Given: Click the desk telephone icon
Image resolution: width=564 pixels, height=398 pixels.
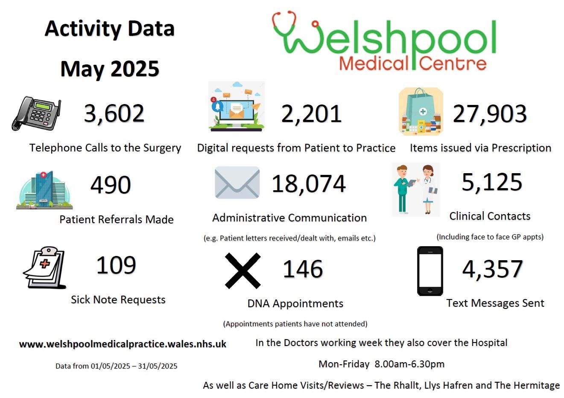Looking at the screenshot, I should click(x=36, y=113).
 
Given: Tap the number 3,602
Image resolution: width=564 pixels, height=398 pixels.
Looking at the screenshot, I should click(x=114, y=113).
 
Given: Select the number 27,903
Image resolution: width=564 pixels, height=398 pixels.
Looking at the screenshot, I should click(x=489, y=114).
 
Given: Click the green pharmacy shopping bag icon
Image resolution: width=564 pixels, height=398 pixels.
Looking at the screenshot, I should click(x=421, y=112).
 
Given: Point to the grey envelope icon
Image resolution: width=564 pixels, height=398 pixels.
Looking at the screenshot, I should click(x=237, y=183).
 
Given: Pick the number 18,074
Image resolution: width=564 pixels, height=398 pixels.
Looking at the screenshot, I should click(x=309, y=184).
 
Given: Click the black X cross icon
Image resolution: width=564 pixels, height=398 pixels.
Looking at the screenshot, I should click(x=243, y=270).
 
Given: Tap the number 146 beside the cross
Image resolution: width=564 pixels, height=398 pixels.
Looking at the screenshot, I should click(x=303, y=269).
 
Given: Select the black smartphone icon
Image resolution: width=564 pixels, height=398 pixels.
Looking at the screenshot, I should click(x=430, y=271).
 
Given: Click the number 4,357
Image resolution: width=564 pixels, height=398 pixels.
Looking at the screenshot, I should click(x=492, y=269).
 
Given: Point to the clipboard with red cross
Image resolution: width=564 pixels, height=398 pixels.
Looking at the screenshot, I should click(x=44, y=267).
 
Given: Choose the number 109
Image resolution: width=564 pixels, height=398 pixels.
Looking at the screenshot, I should click(x=116, y=265).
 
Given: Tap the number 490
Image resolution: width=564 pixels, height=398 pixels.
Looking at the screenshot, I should click(x=111, y=185).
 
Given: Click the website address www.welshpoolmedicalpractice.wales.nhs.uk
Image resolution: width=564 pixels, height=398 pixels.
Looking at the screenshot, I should click(x=123, y=344).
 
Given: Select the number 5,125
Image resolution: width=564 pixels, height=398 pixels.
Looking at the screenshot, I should click(x=492, y=182).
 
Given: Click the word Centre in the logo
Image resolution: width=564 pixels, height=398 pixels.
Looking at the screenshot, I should click(x=453, y=64).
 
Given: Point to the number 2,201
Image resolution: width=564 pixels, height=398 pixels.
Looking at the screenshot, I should click(x=311, y=114).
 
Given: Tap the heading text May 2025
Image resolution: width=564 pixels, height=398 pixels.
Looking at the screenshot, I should click(x=110, y=69).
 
